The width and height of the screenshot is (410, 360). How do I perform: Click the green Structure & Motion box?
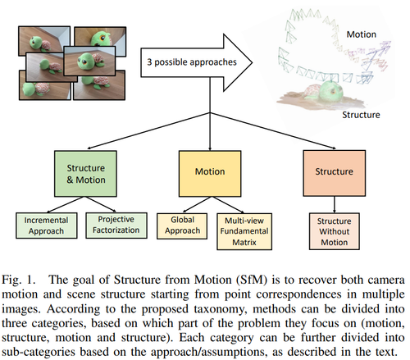(x=85, y=174)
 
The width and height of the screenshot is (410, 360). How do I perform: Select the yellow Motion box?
(x=210, y=174)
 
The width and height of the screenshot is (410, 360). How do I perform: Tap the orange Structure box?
(x=335, y=173)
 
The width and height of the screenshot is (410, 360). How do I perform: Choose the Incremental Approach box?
(x=47, y=226)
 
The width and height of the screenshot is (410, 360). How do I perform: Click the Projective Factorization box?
(x=116, y=226)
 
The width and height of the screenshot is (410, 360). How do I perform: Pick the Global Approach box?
(x=182, y=226)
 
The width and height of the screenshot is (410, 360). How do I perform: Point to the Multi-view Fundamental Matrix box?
(x=244, y=231)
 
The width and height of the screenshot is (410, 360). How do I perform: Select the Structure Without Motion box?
(x=335, y=231)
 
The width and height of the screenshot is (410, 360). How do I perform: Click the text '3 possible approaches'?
(x=192, y=62)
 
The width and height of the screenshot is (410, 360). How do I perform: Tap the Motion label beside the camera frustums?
(x=362, y=34)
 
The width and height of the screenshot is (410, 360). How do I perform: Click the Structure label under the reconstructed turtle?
(x=361, y=115)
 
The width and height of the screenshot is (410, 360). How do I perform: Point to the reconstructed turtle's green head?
(x=331, y=90)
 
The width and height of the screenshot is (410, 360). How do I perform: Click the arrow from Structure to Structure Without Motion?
(x=335, y=204)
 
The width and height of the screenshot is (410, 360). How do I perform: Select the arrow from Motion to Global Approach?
(x=198, y=204)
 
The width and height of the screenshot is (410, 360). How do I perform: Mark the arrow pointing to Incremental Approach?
(x=66, y=204)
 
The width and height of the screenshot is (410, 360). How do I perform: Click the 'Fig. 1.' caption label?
(x=19, y=280)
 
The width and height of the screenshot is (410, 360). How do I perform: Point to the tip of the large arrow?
(x=253, y=62)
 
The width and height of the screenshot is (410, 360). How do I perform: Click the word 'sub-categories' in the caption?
(x=39, y=352)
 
